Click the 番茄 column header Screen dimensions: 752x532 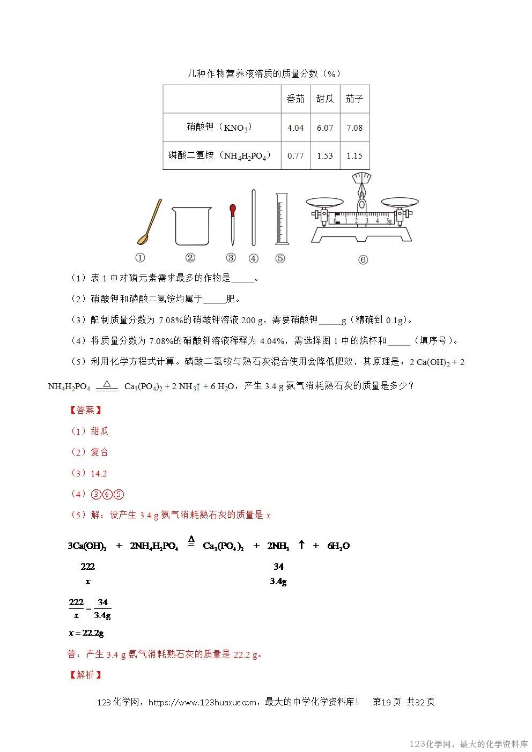[295, 99]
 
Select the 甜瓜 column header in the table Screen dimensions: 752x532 [325, 99]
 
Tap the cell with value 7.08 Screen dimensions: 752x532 [354, 128]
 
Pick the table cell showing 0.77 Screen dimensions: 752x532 [295, 156]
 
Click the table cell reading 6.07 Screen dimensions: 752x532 [325, 128]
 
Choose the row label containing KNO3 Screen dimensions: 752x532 [219, 128]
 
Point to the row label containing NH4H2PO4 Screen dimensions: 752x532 [219, 156]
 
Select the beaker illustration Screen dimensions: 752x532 [191, 226]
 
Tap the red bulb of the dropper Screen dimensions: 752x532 [232, 208]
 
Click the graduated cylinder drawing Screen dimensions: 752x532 [280, 220]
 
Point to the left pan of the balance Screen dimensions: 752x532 [325, 202]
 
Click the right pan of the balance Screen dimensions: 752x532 [400, 202]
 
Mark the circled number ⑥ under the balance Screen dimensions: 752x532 [363, 260]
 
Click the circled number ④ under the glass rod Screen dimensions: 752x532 [254, 258]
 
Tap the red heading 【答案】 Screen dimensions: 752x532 [86, 410]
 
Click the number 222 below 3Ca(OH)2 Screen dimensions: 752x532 [88, 566]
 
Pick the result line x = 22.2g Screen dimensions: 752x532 [86, 633]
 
